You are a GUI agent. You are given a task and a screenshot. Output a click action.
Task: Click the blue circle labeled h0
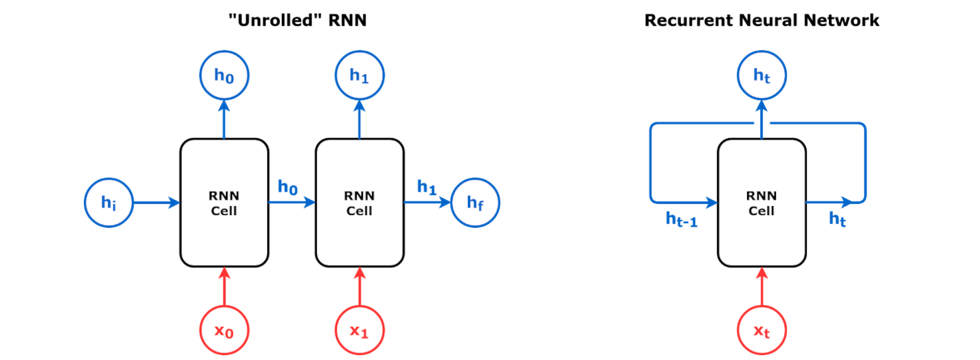point(224,75)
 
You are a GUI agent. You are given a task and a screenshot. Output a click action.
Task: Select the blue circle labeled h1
point(359,75)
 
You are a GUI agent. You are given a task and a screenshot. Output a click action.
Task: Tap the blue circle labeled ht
point(761,75)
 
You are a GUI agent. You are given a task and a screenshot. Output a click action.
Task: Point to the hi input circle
point(109,203)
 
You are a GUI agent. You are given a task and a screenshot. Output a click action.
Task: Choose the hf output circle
point(475,203)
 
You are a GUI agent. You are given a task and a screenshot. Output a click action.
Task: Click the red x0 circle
point(224,330)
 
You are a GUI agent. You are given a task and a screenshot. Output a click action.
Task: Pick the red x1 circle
point(359,330)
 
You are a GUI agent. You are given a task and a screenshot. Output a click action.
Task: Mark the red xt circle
point(761,330)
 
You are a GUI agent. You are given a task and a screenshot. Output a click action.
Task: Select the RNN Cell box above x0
point(224,203)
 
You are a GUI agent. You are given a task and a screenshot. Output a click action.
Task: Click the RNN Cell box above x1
point(359,203)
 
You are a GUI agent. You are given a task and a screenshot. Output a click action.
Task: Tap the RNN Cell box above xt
point(761,203)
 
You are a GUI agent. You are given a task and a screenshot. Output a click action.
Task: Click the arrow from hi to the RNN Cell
point(156,203)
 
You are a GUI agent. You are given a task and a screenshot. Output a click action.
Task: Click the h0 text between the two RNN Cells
point(287,186)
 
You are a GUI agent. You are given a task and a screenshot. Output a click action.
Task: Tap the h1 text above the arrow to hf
point(427,186)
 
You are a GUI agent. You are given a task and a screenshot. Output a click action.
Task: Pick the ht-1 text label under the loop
point(681,219)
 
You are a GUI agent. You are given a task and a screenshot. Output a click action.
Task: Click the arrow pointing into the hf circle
point(427,203)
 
